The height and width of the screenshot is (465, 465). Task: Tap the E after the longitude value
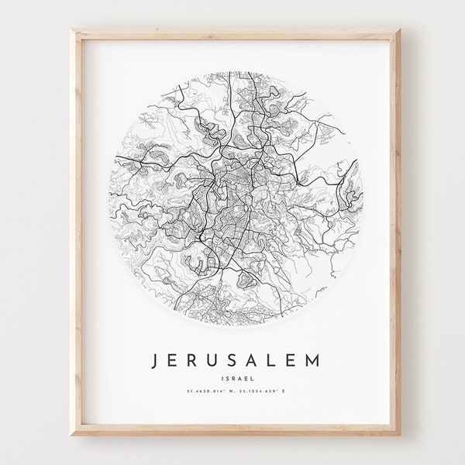tap(294, 394)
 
